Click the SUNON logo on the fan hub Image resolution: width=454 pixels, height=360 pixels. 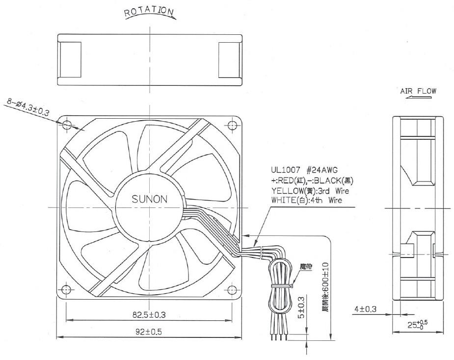pos(150,199)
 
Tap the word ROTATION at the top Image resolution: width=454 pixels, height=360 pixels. pos(149,11)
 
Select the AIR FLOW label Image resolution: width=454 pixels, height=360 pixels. pos(418,91)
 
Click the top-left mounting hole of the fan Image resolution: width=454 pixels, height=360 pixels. pos(67,125)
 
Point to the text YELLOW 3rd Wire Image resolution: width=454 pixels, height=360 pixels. pos(310,191)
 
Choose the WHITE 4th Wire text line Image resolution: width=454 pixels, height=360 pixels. pos(306,200)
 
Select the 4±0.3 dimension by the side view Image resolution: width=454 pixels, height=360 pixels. pos(365,309)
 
